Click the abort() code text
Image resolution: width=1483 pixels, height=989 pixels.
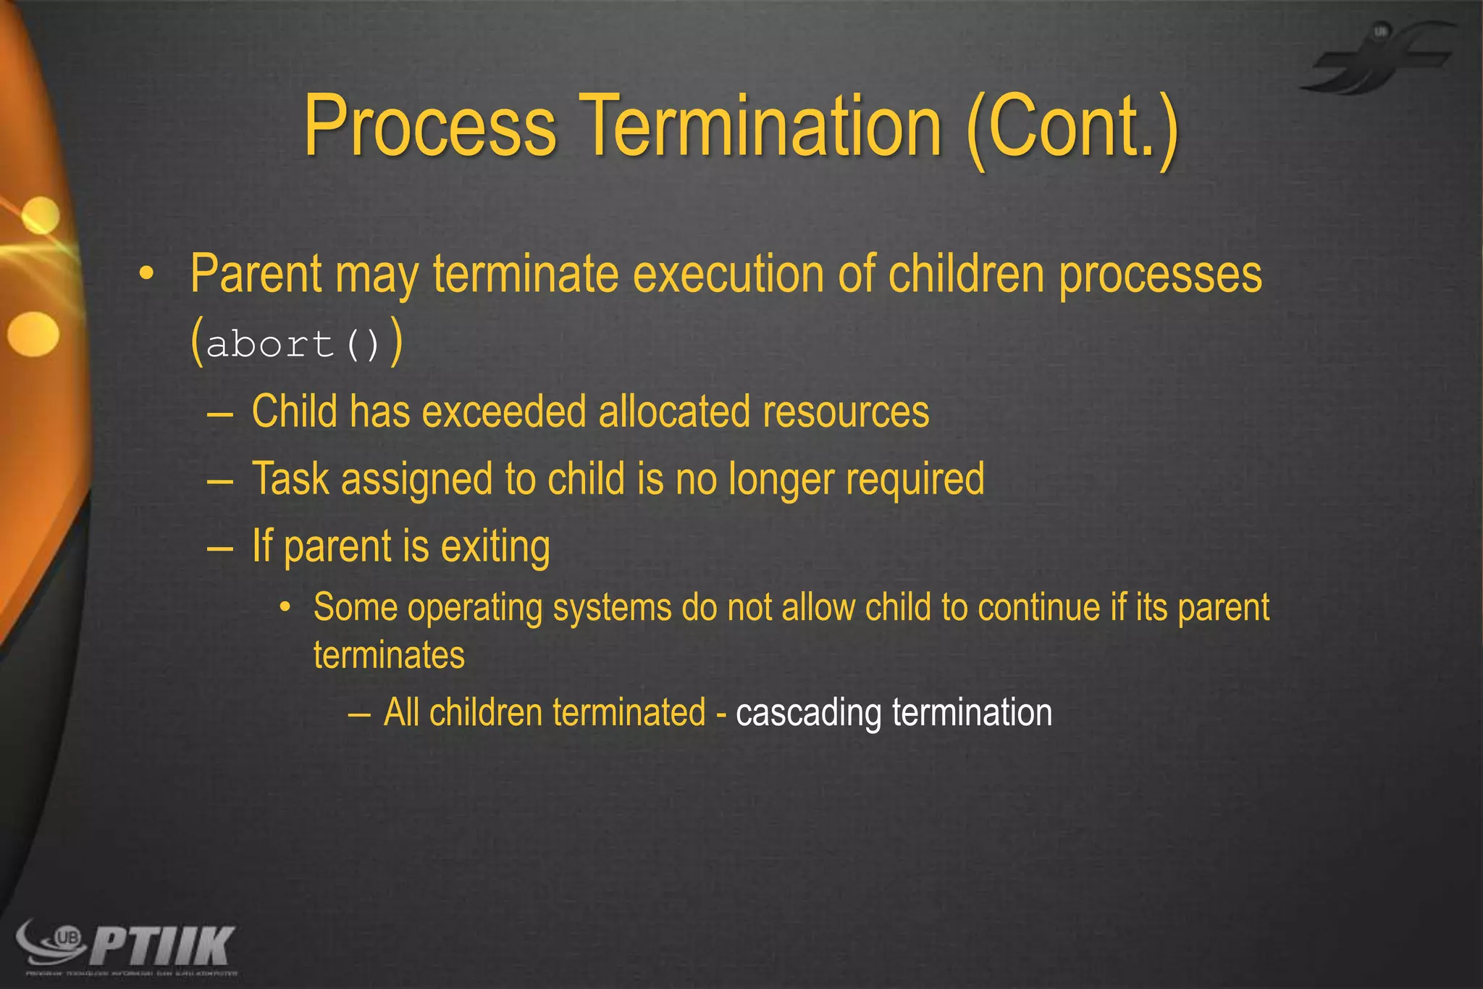(x=294, y=343)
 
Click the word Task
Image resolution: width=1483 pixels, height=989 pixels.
(x=290, y=479)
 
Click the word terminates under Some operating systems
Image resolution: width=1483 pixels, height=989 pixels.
(x=389, y=655)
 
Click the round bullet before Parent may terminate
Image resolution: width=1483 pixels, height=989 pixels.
(x=147, y=275)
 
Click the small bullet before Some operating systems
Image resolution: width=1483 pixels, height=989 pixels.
(x=285, y=607)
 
